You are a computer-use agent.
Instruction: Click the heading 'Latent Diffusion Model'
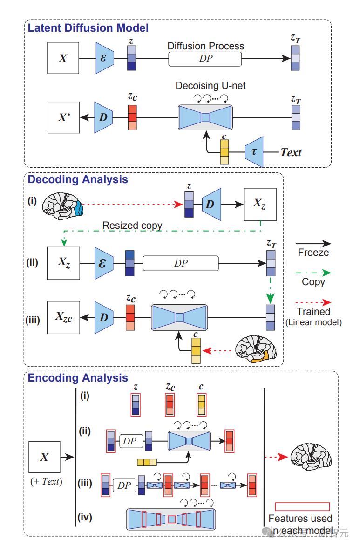coord(88,28)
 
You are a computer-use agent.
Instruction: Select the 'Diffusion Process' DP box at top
coord(205,59)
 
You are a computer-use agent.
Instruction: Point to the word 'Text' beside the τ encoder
coord(291,152)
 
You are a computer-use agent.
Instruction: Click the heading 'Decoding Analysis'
coord(78,179)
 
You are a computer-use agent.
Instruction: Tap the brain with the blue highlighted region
coord(63,204)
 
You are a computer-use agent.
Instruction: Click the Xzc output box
coord(63,318)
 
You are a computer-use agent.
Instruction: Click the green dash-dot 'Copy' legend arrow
coord(314,272)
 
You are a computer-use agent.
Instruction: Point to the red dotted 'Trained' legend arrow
coord(314,302)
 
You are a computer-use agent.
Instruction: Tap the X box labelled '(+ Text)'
coord(44,457)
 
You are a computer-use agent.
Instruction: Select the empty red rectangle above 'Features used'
coord(302,506)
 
